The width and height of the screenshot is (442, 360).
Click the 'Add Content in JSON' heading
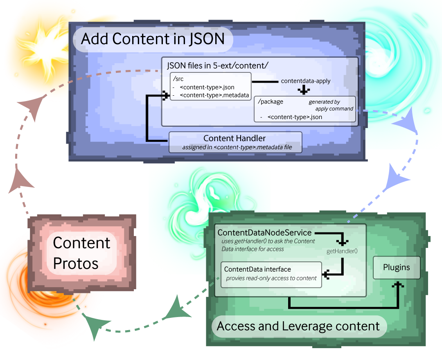click(153, 39)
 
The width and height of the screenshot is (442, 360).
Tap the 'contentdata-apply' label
click(306, 81)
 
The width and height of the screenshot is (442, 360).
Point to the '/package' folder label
click(271, 102)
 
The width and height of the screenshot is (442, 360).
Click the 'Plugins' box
click(396, 268)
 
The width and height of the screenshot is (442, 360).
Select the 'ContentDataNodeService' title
click(264, 233)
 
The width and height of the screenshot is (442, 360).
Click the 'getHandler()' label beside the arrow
click(342, 251)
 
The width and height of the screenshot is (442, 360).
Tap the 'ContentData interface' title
click(257, 269)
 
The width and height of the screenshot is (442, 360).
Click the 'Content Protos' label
click(81, 253)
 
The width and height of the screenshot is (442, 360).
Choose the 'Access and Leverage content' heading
click(298, 326)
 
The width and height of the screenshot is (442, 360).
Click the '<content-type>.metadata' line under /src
click(214, 96)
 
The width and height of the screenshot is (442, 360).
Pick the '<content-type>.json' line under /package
click(295, 117)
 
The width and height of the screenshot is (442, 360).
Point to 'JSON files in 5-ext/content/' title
click(217, 65)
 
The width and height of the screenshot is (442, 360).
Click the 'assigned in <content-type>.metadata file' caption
click(237, 147)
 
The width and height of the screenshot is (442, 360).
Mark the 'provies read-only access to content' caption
click(271, 278)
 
